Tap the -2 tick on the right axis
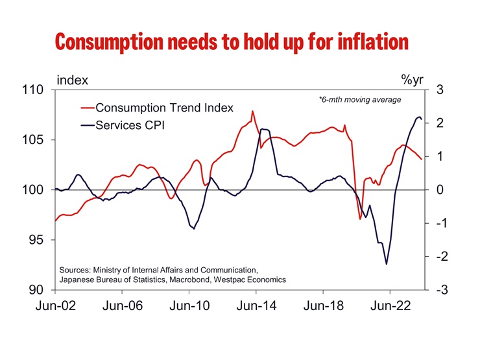point(439,257)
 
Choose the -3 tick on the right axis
point(439,290)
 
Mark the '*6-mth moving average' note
point(361,100)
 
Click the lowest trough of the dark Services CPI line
point(387,264)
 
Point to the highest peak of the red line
point(252,111)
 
